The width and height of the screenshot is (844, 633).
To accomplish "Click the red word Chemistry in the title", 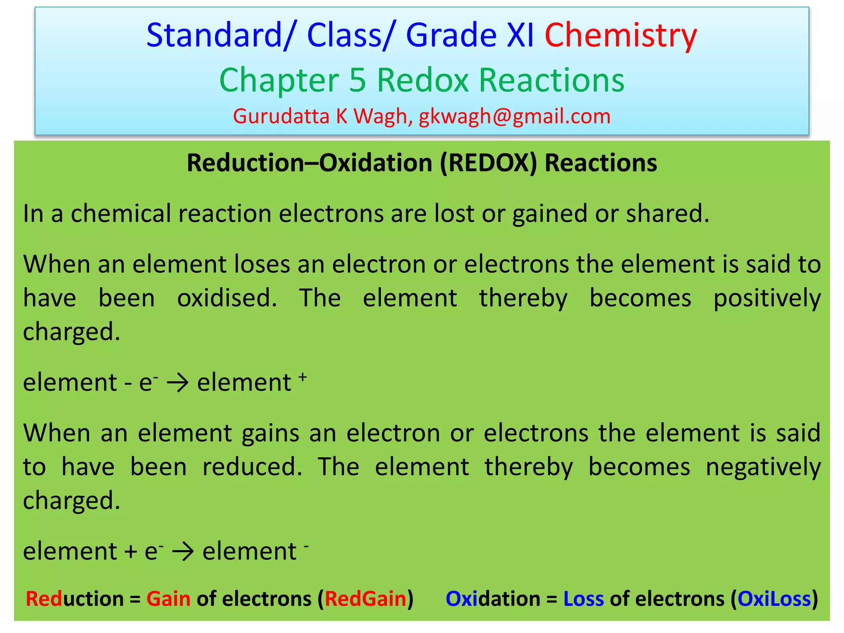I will pos(621,35).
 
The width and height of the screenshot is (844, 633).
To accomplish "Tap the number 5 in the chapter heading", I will pos(357,80).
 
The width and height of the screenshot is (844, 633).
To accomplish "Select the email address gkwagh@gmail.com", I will pos(514,116).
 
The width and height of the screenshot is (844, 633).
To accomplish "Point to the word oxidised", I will pos(227,298).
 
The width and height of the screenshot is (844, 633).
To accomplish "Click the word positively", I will pos(767,298).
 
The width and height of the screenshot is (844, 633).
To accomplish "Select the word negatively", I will pos(763,467).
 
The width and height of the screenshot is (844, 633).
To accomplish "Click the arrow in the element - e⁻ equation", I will pos(178,383).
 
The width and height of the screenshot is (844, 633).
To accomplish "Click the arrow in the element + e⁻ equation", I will pos(183,552).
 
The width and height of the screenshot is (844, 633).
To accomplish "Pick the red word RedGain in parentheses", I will pos(366,599).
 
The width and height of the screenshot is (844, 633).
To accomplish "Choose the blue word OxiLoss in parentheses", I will pos(774,599).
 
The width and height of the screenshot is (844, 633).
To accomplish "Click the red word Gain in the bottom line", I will pos(168,599).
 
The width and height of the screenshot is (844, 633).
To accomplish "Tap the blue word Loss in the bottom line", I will pos(583,599).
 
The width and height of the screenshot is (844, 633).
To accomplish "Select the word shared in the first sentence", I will pos(667,214).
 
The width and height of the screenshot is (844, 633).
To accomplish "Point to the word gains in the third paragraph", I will pos(270,433).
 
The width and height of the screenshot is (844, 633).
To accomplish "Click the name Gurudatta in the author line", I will pos(281,116).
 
